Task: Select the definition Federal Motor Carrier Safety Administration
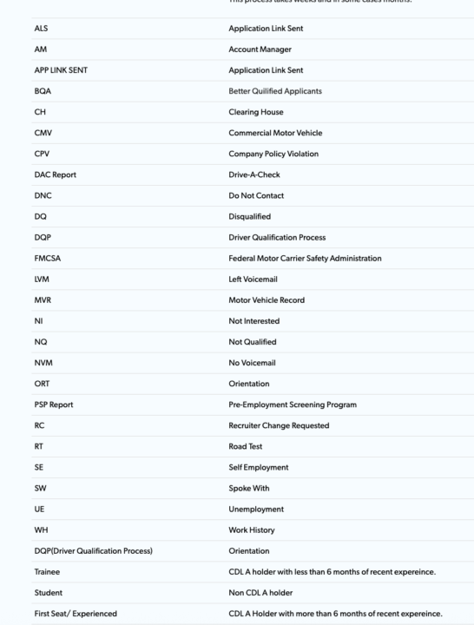coord(305,259)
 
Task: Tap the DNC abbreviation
coord(43,196)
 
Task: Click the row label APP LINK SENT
coord(63,70)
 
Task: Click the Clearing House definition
coord(255,112)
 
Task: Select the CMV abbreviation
coord(44,133)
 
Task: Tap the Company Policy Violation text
coord(273,154)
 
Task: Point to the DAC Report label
coord(56,174)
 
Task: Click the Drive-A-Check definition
coord(257,174)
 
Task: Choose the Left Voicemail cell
coord(258,280)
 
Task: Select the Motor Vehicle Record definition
coord(267,300)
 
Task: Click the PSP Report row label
coord(56,405)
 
